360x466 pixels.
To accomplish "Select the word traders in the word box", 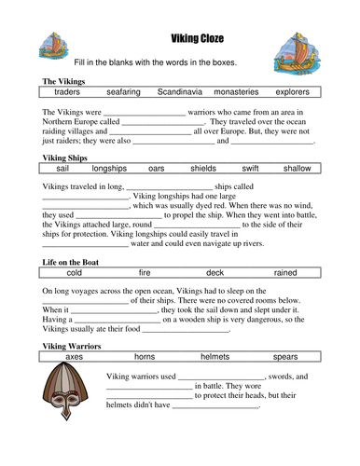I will click(x=67, y=92).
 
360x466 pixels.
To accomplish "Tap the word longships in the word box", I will click(x=109, y=169).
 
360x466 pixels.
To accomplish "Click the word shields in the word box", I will click(x=203, y=169).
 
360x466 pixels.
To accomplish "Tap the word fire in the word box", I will click(x=145, y=273).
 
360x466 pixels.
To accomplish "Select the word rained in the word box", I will click(x=285, y=273).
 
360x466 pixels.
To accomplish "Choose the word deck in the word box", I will click(x=215, y=273).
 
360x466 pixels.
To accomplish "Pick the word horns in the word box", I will click(x=145, y=357).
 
